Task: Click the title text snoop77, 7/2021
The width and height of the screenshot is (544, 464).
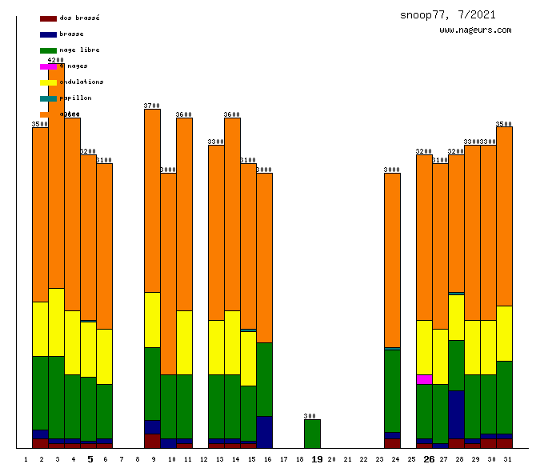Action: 447,14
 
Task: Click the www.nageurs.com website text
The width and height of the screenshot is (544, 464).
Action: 475,30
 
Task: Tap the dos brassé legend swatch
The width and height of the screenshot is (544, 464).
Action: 48,18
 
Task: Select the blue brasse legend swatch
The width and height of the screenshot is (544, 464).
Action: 48,34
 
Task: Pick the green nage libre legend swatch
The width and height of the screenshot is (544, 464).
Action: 48,50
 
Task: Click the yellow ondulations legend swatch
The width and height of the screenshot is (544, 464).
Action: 48,82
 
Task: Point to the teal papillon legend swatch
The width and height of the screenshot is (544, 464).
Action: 48,98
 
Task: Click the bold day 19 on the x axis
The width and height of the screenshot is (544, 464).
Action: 317,459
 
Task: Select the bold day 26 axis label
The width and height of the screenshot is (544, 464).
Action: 429,459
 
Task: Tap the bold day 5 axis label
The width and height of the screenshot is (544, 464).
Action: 90,459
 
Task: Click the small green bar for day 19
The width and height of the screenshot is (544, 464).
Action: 312,434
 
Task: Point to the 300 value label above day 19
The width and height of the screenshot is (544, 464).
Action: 312,416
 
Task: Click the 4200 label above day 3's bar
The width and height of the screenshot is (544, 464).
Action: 56,60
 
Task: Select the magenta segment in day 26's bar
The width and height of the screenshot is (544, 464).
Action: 424,379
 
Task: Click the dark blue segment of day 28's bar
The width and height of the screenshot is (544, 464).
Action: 456,414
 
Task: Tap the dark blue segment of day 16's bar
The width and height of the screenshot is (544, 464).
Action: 264,432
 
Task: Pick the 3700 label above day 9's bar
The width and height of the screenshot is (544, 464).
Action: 152,106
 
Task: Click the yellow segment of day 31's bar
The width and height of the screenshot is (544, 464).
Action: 504,333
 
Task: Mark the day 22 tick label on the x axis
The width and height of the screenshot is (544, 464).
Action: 363,459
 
